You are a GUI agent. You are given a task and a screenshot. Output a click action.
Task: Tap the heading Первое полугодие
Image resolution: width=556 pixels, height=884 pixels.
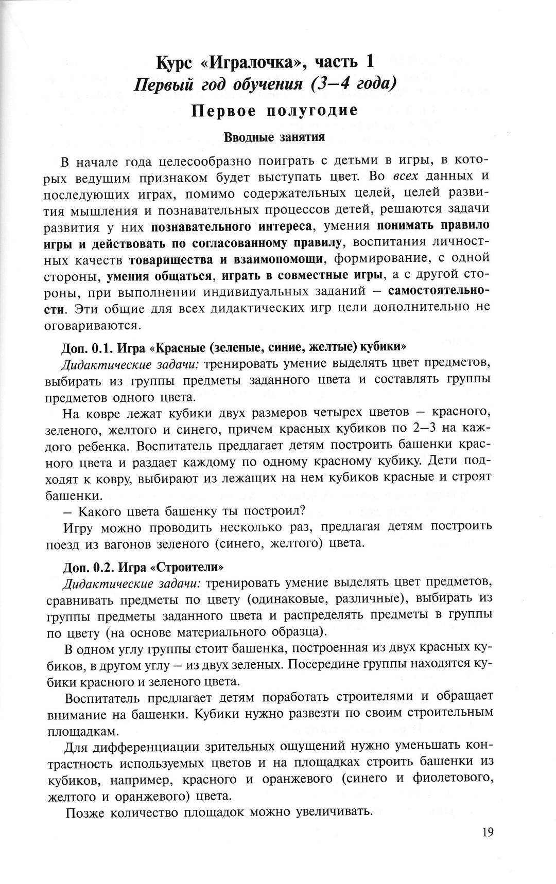click(274, 111)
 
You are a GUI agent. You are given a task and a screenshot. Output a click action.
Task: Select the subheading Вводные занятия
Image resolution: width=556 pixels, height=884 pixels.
click(274, 137)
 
